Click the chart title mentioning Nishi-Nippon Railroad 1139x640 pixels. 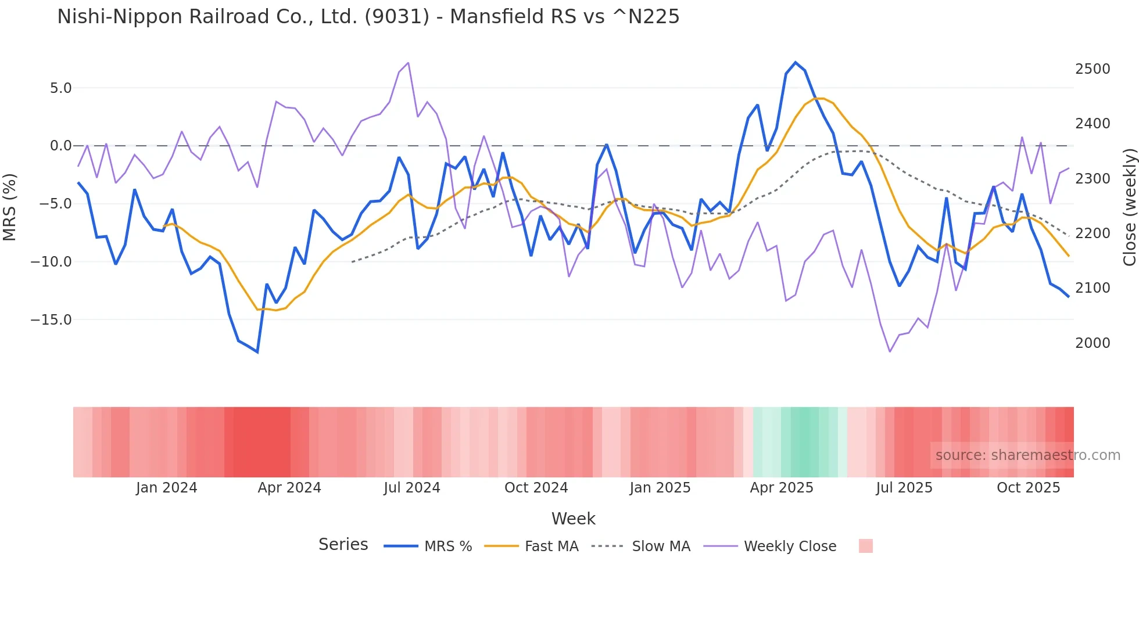click(368, 17)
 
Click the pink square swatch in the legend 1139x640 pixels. click(865, 546)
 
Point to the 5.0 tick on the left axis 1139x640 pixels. click(60, 88)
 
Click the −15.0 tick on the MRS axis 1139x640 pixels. click(51, 320)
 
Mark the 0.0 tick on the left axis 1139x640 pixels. click(60, 146)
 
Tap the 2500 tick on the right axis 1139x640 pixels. click(1093, 69)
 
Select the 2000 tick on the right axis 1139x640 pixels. click(1093, 343)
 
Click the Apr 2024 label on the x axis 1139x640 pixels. click(289, 488)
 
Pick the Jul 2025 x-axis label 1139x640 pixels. click(904, 488)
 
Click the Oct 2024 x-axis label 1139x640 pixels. click(536, 488)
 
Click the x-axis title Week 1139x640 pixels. click(573, 519)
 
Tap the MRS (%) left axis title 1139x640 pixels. click(10, 207)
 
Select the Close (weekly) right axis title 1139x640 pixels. click(1129, 207)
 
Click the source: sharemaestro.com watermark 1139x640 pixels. click(1027, 455)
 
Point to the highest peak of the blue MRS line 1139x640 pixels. click(796, 62)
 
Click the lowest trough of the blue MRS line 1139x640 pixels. click(257, 352)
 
